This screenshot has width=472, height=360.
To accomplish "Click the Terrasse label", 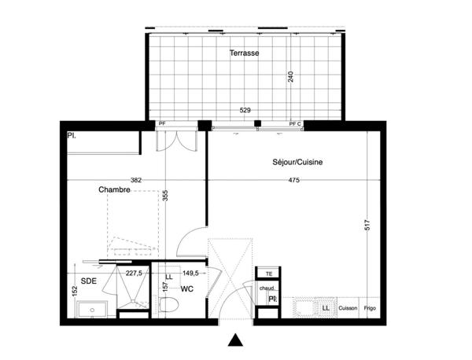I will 245,53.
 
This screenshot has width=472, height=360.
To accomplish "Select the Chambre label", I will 114,189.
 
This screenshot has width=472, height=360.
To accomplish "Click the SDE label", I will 89,280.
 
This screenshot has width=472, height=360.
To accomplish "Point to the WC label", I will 187,289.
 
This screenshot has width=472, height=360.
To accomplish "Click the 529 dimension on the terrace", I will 246,111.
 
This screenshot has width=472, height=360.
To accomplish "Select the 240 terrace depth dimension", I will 291,78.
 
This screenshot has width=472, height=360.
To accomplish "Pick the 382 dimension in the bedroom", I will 136,181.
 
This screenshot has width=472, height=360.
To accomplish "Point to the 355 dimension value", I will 165,196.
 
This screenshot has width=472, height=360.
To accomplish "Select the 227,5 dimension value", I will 134,274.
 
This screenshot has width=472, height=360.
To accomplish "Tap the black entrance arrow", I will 234,340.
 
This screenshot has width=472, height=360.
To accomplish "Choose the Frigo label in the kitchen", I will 371,308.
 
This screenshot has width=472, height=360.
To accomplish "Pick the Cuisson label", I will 348,308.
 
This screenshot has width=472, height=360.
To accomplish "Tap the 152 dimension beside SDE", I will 74,292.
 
